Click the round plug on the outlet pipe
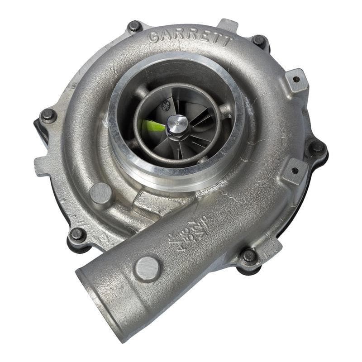coord(148,268)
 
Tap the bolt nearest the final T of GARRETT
coord(259,41)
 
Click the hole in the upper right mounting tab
coord(296,79)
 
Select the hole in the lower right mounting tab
coord(295,171)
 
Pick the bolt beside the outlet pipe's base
coord(248,256)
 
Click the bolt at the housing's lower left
coord(77,234)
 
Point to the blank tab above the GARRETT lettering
coord(227,25)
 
